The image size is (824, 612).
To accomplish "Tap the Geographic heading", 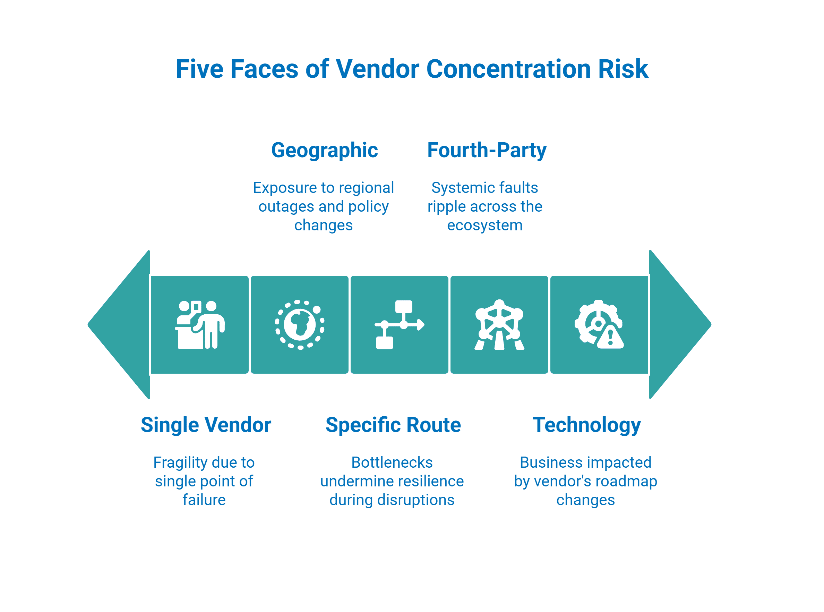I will click(324, 151).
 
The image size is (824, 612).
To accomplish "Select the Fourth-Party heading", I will click(487, 151).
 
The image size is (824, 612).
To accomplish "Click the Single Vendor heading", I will click(206, 425).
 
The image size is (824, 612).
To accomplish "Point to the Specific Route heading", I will click(393, 425).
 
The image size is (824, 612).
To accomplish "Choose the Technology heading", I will click(586, 425).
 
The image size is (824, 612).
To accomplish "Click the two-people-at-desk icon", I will click(200, 324).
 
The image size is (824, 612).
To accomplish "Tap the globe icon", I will click(300, 324).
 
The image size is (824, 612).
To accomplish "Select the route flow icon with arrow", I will click(399, 324).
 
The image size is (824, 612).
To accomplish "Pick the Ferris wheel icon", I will click(499, 324).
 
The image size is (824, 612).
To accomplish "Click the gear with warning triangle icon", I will click(599, 324).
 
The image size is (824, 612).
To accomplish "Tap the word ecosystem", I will click(485, 225).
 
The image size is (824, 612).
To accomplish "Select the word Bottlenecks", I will click(392, 462).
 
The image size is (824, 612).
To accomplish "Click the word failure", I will click(204, 500).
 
